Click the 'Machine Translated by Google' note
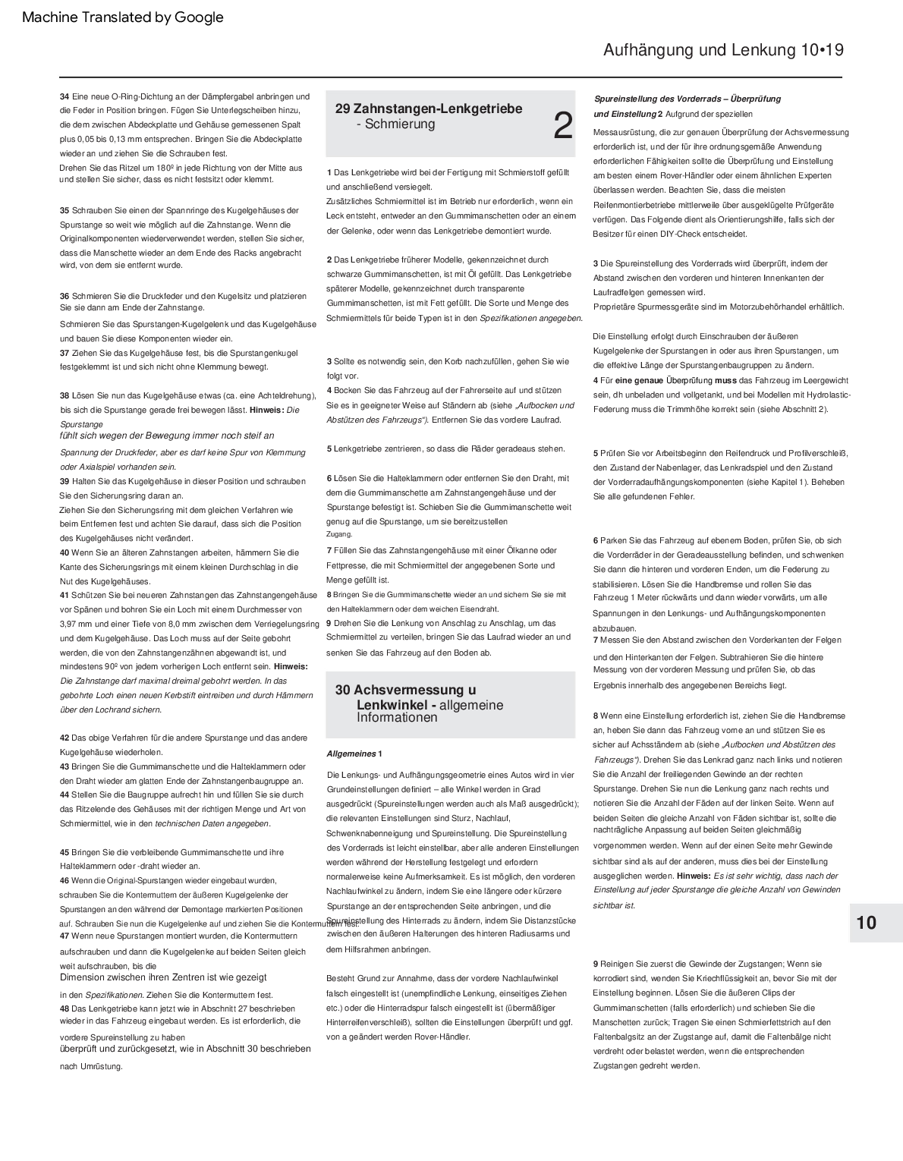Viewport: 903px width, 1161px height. [123, 17]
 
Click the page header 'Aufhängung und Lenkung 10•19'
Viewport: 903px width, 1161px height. [723, 50]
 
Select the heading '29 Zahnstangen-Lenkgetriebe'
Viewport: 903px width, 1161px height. [429, 109]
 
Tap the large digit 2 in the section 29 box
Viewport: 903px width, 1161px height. [562, 126]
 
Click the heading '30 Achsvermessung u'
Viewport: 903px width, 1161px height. [406, 690]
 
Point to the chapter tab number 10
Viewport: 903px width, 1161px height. [866, 923]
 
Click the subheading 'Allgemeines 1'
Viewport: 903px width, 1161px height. [354, 754]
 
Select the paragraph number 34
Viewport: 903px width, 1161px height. [64, 96]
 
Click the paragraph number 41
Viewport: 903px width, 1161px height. [64, 595]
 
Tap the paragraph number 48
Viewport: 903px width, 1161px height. [64, 1008]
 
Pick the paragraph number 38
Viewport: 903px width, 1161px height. [64, 395]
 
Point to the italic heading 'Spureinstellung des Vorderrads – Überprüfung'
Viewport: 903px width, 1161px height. [687, 99]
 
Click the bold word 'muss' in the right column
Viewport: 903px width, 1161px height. [725, 380]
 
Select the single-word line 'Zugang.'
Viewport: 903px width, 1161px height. [339, 534]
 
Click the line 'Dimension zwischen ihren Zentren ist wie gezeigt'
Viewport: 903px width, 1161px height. [163, 977]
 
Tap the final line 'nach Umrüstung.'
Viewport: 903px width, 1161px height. [91, 1066]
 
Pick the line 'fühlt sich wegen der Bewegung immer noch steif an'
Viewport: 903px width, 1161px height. [167, 436]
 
